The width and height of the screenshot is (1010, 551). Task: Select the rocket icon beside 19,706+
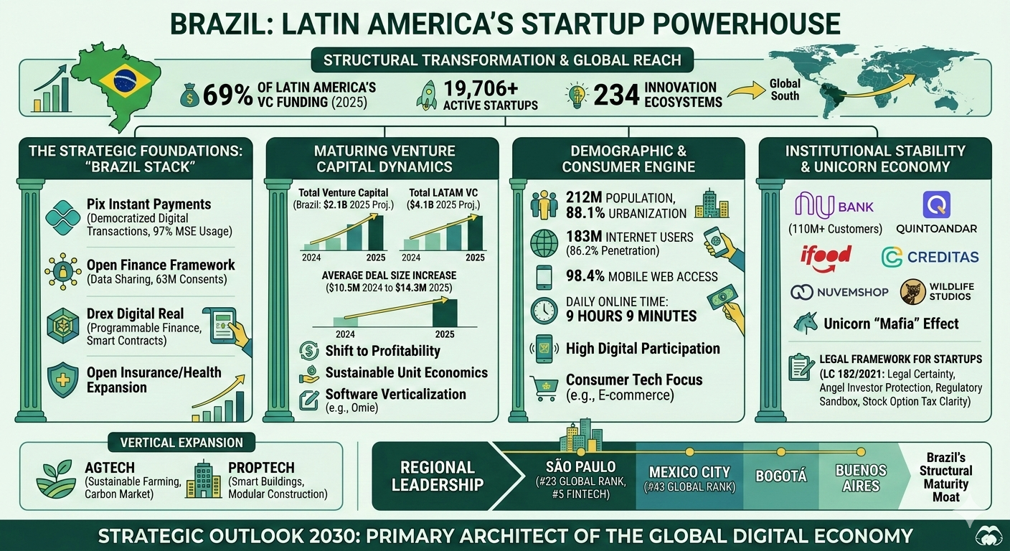click(426, 95)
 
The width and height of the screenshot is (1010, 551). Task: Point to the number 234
click(616, 95)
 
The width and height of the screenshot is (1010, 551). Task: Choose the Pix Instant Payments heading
click(148, 204)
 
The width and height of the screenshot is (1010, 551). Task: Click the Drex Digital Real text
click(135, 314)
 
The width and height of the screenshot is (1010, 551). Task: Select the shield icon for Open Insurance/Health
click(62, 378)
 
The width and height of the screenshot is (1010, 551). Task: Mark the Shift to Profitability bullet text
click(382, 351)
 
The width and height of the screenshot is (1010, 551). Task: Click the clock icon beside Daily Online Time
click(544, 310)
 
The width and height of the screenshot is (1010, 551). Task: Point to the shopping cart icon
click(544, 387)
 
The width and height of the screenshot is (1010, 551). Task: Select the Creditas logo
click(930, 257)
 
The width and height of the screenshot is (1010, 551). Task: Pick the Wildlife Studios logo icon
click(912, 292)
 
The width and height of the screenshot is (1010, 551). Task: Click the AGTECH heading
click(110, 467)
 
